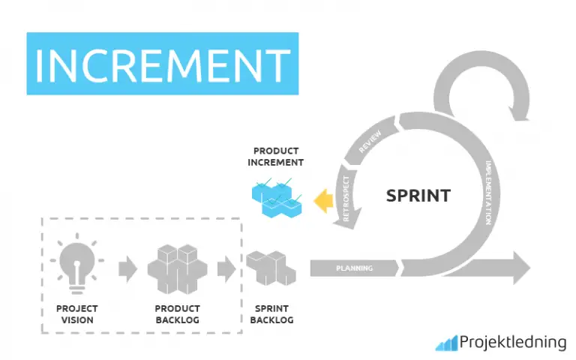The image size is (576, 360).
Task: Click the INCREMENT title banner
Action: tap(162, 64)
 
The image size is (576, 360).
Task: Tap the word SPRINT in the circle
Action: tap(418, 196)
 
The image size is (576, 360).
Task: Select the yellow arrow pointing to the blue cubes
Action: tap(324, 199)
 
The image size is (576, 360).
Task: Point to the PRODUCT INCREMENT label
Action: tap(277, 157)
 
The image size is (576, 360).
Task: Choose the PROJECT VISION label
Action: tap(77, 314)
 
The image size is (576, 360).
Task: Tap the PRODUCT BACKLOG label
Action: tap(177, 314)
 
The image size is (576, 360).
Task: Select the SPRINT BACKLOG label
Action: tap(271, 314)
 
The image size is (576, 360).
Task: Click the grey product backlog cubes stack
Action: tap(177, 266)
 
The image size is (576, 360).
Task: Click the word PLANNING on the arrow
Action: tap(354, 268)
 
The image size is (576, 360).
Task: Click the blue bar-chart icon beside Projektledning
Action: tap(447, 343)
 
